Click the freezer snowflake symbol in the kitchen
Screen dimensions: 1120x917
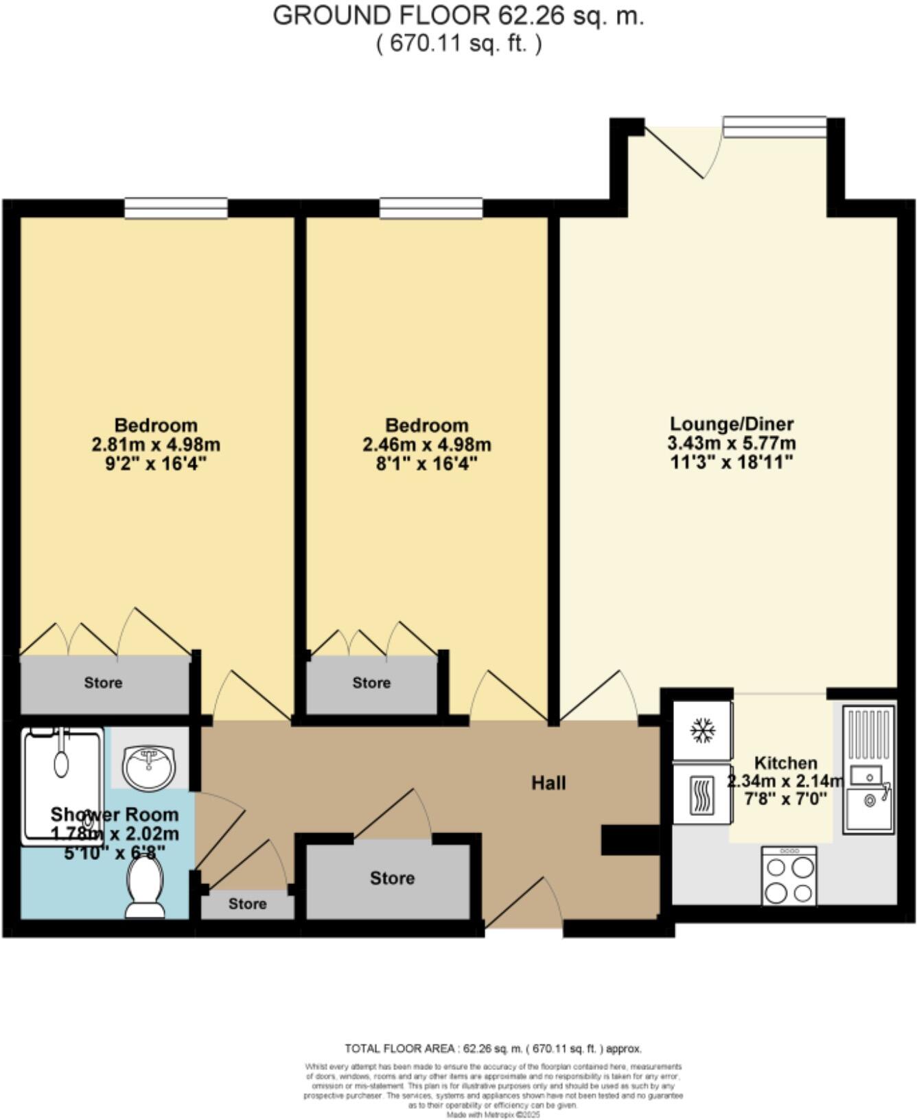[x=701, y=730]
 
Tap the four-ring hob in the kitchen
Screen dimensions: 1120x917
[x=789, y=875]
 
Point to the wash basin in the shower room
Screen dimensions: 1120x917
[x=149, y=765]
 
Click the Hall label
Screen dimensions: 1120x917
[x=548, y=782]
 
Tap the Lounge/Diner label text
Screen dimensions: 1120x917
[x=732, y=423]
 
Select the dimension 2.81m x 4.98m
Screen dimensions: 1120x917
[x=156, y=444]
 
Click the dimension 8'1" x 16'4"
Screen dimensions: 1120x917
[x=426, y=463]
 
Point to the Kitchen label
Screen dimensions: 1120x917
[x=785, y=762]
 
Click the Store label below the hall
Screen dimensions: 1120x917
[x=392, y=878]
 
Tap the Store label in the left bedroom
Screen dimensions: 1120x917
[x=103, y=682]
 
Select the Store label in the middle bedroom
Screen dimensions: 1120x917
[x=371, y=682]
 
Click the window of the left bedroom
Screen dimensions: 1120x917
[x=176, y=208]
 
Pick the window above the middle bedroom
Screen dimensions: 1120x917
[x=431, y=208]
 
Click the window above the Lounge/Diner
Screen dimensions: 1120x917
[x=774, y=127]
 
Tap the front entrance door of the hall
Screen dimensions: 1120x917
[x=523, y=905]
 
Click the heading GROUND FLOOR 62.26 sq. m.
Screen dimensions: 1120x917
[x=458, y=15]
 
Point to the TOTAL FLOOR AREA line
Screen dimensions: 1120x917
[x=493, y=1049]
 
